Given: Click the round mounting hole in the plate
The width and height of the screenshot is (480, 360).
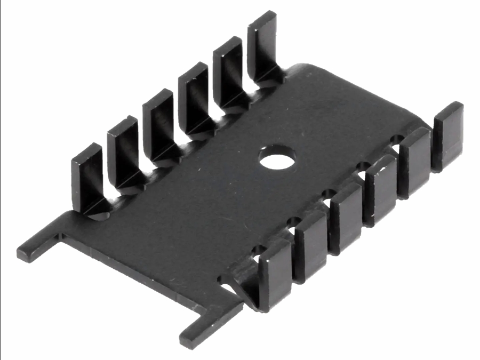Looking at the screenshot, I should pyautogui.click(x=277, y=157).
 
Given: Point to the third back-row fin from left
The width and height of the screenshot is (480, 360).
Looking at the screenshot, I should pyautogui.click(x=158, y=120).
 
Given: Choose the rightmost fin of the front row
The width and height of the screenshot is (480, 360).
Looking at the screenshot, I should pyautogui.click(x=447, y=133).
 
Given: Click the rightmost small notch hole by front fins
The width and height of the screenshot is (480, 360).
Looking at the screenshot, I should pyautogui.click(x=397, y=140).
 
